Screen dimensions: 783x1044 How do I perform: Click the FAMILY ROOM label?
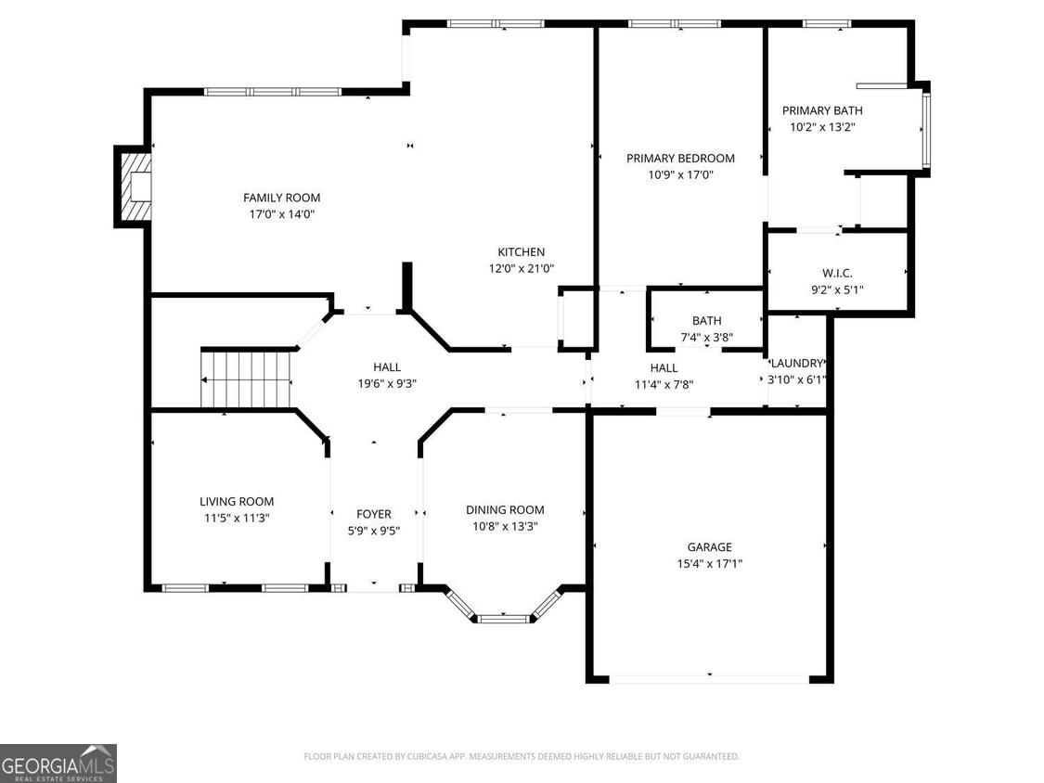(x=281, y=198)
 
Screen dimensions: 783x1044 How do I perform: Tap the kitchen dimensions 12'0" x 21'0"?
(x=521, y=268)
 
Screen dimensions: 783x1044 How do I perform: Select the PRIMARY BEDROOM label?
(x=680, y=159)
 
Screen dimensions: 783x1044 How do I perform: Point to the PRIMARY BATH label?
(x=821, y=110)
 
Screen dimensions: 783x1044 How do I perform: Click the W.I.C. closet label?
(x=836, y=273)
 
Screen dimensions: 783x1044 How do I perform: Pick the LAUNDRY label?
(x=796, y=363)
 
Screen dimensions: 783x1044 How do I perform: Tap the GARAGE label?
(x=709, y=547)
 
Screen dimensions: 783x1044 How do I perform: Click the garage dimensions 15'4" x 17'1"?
(x=709, y=563)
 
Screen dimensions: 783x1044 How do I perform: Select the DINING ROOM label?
(x=504, y=509)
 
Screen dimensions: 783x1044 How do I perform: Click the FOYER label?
(x=374, y=514)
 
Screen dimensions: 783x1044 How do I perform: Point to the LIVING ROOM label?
(x=237, y=502)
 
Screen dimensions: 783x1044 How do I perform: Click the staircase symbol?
(x=248, y=379)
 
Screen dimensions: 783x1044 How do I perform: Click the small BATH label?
(x=706, y=321)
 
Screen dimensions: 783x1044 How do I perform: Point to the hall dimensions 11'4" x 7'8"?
(x=664, y=384)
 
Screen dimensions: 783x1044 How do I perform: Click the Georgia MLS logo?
(x=58, y=763)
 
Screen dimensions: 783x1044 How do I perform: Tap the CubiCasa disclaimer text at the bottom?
(x=522, y=757)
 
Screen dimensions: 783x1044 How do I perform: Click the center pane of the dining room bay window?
(x=503, y=618)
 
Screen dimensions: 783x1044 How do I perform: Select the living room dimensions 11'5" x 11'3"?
(x=237, y=518)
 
